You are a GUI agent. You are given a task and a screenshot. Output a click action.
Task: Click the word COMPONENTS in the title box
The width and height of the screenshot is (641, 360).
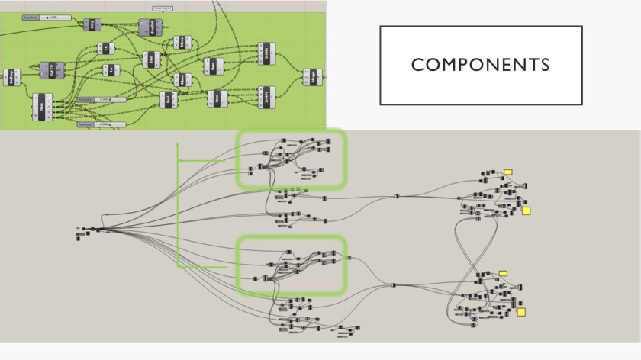click(x=480, y=65)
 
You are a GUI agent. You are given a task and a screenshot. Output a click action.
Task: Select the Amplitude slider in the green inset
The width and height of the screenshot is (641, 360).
click(x=45, y=17)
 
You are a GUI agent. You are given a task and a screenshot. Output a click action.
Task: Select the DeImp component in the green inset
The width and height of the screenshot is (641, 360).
click(x=11, y=77)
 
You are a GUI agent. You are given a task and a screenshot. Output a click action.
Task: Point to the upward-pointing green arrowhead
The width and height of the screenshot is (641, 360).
click(x=178, y=143)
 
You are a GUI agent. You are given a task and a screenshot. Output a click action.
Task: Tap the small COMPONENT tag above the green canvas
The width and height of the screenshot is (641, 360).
click(x=162, y=8)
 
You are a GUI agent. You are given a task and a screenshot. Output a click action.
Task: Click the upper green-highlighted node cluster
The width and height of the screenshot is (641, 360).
click(x=291, y=159)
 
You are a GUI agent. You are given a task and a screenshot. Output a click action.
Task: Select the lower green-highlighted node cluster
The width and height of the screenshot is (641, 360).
click(x=291, y=265)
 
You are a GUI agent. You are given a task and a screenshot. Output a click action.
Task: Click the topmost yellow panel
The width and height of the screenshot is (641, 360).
click(x=507, y=172)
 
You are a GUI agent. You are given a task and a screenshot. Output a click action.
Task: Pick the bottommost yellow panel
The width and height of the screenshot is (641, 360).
click(x=521, y=311)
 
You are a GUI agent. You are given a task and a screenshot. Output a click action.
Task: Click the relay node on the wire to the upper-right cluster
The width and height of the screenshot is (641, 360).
click(x=397, y=197)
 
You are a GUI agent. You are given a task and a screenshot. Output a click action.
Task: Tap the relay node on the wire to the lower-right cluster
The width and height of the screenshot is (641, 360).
click(x=393, y=286)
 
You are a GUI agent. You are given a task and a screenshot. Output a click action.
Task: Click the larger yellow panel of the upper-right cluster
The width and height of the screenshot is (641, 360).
click(x=526, y=211)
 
